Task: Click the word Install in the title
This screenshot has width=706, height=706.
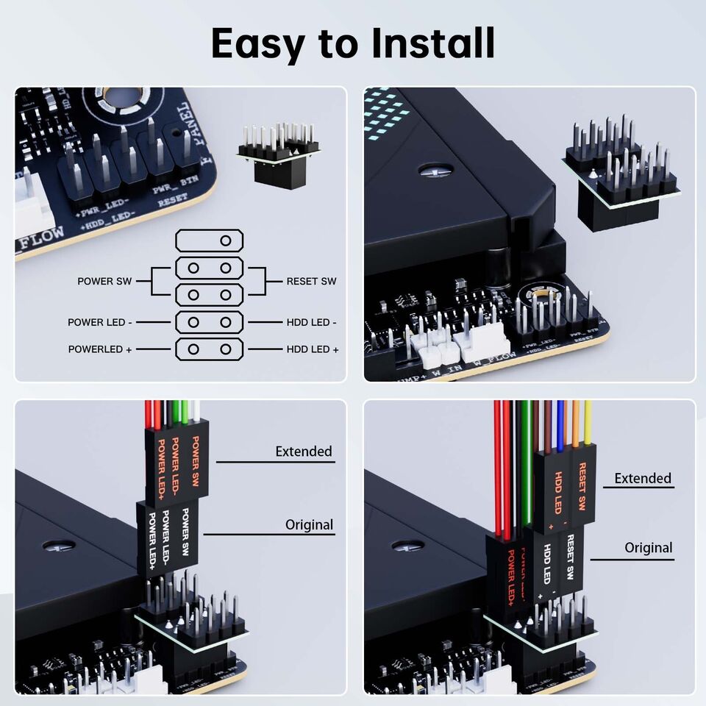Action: (432, 43)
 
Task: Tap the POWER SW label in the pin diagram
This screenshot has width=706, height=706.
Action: (105, 282)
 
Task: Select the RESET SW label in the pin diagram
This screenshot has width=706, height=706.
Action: (311, 282)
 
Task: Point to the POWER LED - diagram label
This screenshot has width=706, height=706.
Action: (100, 322)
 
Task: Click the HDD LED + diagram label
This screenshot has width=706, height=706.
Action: (313, 349)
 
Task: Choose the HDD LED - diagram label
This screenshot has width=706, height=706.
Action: (311, 322)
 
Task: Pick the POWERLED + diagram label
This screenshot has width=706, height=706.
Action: (100, 349)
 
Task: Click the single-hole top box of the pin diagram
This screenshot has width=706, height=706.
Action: (209, 240)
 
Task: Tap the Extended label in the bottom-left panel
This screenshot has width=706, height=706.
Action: (304, 451)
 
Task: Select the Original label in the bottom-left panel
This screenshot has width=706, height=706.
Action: (309, 525)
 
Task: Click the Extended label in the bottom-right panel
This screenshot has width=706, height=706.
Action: (643, 478)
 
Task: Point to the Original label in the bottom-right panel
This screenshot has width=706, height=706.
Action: (648, 548)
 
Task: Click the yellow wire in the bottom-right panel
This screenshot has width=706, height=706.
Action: (588, 424)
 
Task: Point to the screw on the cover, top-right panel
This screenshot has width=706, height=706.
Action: (435, 170)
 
